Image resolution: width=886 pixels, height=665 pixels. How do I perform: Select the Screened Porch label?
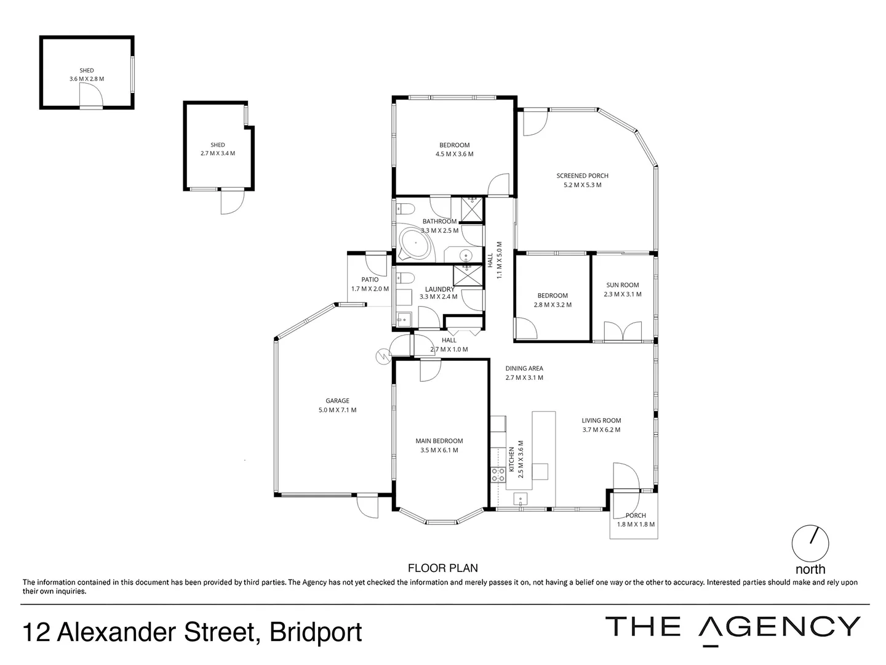(x=582, y=175)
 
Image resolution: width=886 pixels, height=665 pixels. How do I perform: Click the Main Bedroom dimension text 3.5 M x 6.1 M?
(x=439, y=450)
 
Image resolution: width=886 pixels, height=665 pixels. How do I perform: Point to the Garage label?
(x=337, y=401)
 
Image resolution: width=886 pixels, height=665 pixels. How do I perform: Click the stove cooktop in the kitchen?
(x=498, y=474)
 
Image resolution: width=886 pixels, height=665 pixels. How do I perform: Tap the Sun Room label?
(x=622, y=285)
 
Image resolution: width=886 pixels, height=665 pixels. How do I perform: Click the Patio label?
(x=370, y=280)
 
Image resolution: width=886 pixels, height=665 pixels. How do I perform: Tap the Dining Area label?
(x=524, y=369)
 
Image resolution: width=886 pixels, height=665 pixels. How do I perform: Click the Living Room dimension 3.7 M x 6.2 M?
(x=601, y=430)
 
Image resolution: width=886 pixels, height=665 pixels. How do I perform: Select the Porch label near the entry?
(x=636, y=515)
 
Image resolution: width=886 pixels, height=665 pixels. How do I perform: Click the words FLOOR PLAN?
(x=442, y=568)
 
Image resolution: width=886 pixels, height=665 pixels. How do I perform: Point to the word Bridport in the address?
(x=316, y=632)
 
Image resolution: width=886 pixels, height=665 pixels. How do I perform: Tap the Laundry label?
(x=439, y=289)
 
